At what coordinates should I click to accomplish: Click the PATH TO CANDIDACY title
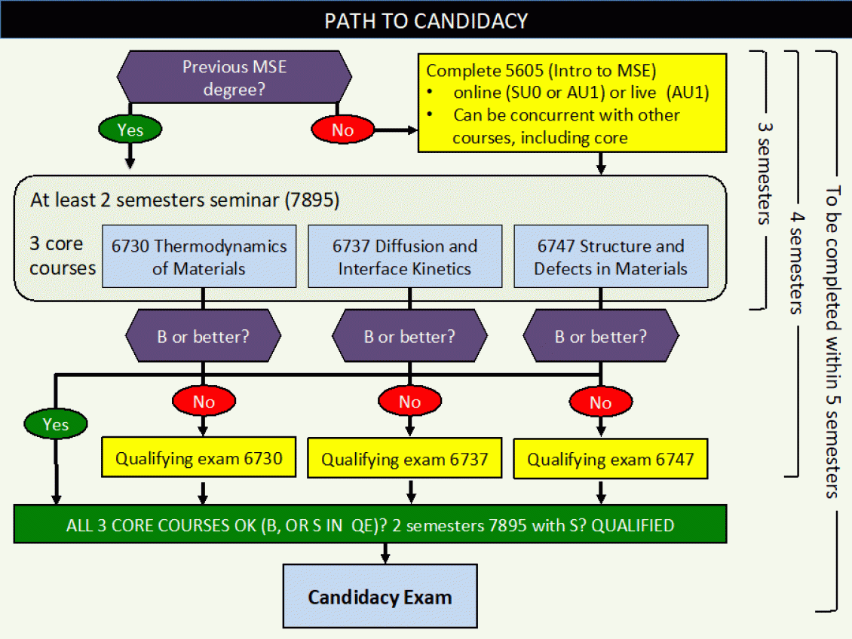[426, 20]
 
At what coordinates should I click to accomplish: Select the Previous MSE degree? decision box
[234, 78]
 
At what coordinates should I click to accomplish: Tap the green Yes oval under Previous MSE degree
[130, 130]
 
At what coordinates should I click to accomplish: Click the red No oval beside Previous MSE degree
[342, 130]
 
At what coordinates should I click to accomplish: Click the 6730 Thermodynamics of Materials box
[199, 257]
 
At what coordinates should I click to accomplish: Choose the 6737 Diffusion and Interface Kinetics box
[405, 257]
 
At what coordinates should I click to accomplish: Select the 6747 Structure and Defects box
[611, 257]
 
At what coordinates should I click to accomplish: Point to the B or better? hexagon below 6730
[202, 336]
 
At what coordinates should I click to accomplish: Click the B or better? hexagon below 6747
[600, 336]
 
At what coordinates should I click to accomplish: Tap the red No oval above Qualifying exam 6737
[409, 402]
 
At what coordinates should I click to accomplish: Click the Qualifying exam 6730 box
[198, 458]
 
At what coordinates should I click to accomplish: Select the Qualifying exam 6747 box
[610, 459]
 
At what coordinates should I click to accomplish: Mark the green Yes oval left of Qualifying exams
[55, 424]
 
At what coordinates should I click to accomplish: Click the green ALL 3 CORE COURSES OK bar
[369, 524]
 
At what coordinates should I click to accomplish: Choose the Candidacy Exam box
[379, 598]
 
